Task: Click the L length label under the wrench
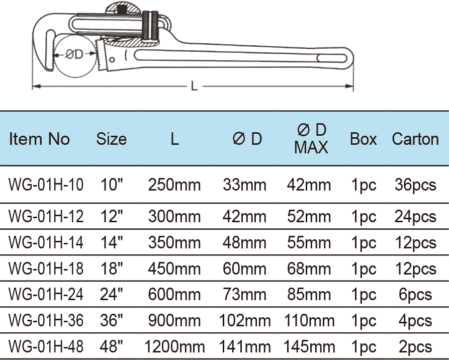click(x=194, y=86)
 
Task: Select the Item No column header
click(x=39, y=139)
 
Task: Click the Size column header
click(x=111, y=139)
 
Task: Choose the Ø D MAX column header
click(x=311, y=138)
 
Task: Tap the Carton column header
click(x=415, y=139)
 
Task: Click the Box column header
click(x=363, y=139)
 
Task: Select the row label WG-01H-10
click(x=46, y=185)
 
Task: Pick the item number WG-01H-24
click(x=46, y=294)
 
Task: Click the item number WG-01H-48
click(x=46, y=346)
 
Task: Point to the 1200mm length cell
click(x=174, y=346)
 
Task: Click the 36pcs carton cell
click(x=415, y=185)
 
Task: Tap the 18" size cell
click(x=111, y=268)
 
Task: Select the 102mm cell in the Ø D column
click(x=245, y=321)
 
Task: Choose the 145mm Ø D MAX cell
click(x=309, y=346)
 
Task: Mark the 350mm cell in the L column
click(x=174, y=243)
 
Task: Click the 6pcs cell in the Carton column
click(x=415, y=294)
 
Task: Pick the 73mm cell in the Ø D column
click(x=245, y=294)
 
